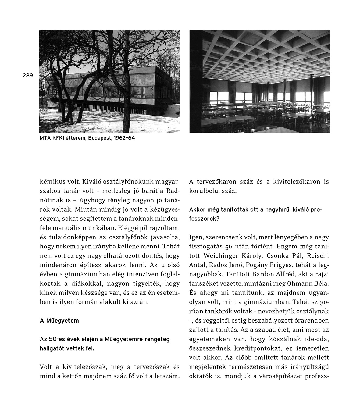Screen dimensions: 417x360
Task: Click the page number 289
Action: click(27, 76)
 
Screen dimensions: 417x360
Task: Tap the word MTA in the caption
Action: click(45, 138)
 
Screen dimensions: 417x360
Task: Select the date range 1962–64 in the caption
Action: click(124, 138)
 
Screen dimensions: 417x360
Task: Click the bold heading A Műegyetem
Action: click(59, 321)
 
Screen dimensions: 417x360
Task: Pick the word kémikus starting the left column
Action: click(50, 182)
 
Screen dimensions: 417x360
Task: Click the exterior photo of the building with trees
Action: click(109, 81)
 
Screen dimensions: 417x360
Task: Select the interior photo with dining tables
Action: click(259, 81)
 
